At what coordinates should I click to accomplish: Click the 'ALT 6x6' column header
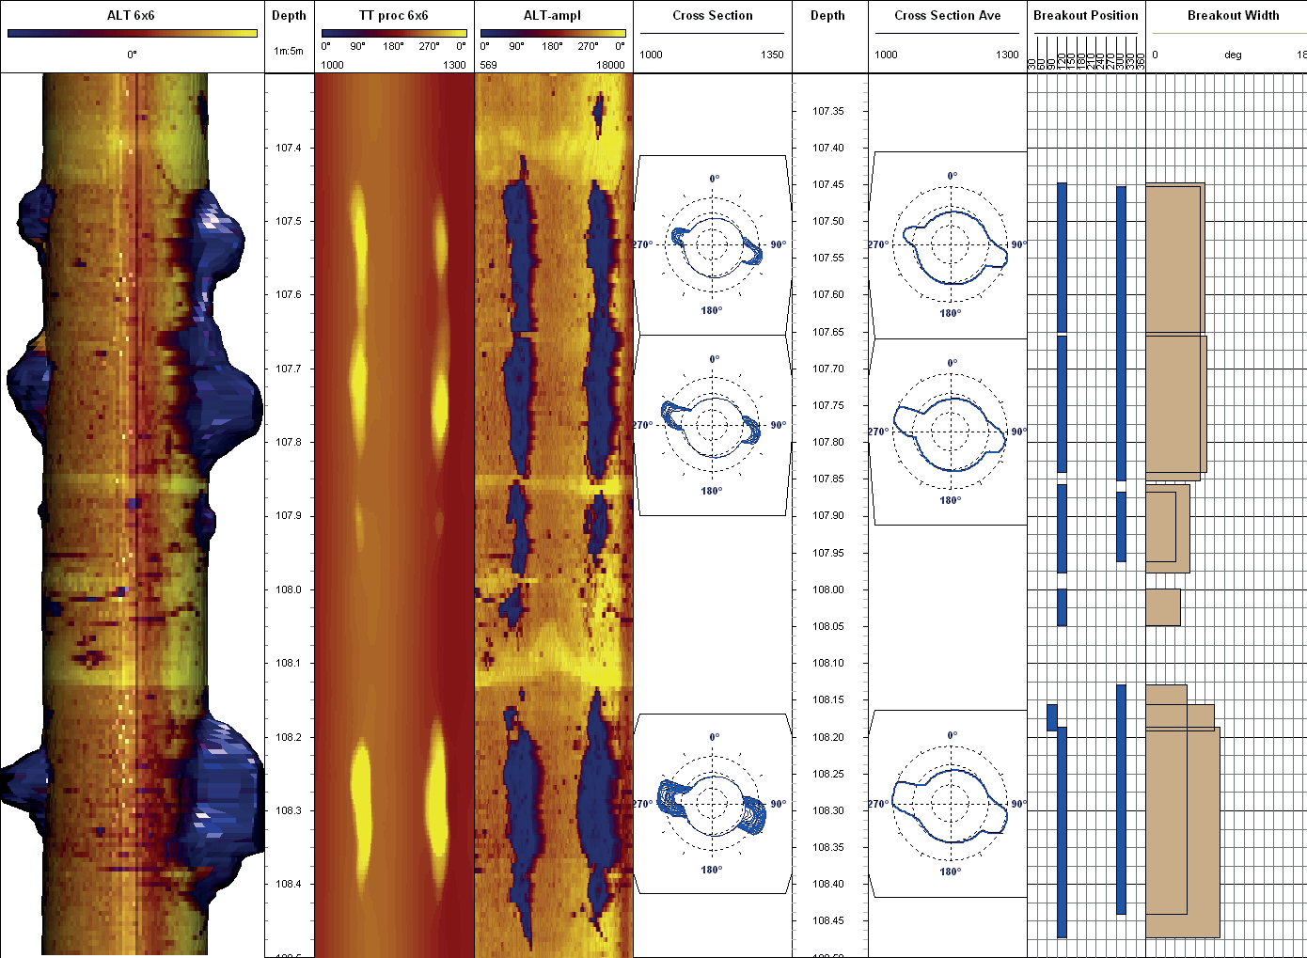coord(131,15)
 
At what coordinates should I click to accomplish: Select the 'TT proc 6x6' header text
coord(393,15)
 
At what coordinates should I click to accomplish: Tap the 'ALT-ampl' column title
coord(552,15)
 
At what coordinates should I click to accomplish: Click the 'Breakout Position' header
coord(1085,15)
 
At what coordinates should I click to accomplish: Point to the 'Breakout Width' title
coord(1233,15)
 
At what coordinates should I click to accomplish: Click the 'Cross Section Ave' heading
coord(947,15)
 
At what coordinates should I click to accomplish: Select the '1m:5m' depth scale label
coord(289,51)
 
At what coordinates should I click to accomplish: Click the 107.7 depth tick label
coord(289,369)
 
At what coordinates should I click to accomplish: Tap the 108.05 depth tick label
coord(827,626)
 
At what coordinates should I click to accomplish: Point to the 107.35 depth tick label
coord(827,111)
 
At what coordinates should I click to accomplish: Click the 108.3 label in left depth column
coord(289,810)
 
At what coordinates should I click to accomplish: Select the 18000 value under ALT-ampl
coord(610,65)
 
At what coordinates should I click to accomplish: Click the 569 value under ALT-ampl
coord(489,65)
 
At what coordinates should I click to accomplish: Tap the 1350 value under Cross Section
coord(772,55)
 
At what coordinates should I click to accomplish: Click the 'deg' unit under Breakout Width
coord(1233,55)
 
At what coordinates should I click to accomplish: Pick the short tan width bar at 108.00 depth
coord(1162,607)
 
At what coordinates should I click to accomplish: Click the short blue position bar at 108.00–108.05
coord(1062,607)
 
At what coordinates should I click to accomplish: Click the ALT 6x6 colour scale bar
coord(132,34)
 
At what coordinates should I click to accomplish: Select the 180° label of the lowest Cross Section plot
coord(711,870)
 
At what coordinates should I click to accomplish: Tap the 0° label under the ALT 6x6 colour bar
coord(132,55)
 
